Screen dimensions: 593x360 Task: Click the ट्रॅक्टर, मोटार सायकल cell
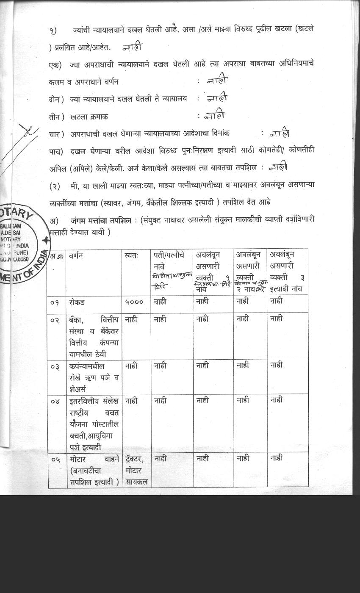136,470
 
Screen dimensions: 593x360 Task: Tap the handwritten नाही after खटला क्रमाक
214,115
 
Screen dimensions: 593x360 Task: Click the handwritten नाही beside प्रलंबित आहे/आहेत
132,47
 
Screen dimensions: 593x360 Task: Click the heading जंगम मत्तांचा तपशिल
100,221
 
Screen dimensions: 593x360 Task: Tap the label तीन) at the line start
56,116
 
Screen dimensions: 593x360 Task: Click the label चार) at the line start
56,134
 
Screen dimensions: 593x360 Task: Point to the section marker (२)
56,186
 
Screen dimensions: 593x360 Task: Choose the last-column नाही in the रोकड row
277,301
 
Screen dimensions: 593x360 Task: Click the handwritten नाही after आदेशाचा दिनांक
280,133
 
